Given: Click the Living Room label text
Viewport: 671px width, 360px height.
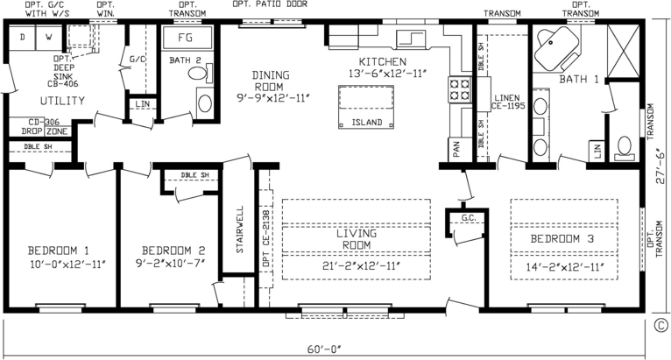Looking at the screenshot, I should (356, 239).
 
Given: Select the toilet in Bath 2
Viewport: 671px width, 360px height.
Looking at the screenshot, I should (204, 102).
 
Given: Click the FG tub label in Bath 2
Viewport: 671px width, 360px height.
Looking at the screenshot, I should (186, 39).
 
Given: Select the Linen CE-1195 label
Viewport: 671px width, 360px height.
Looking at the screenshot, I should (507, 102).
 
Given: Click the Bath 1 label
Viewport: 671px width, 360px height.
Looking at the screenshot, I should (577, 80).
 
